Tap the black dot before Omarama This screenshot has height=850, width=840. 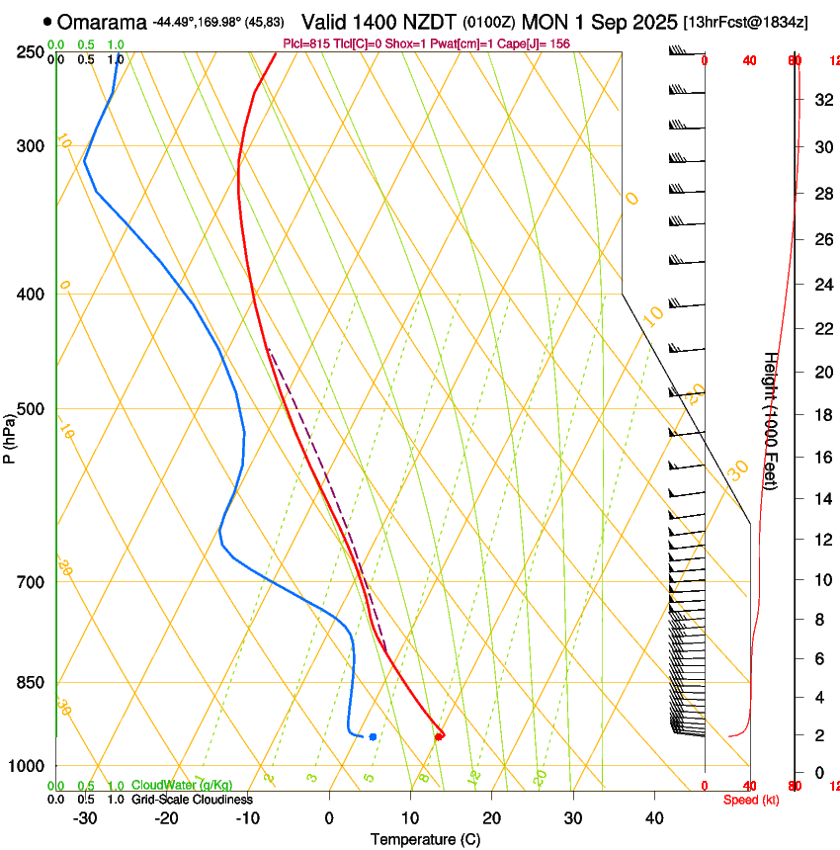[x=47, y=21]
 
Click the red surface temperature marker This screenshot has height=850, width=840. [x=439, y=735]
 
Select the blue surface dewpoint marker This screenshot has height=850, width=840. [x=373, y=736]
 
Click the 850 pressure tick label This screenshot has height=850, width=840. [x=31, y=683]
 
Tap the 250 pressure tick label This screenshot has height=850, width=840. [x=31, y=52]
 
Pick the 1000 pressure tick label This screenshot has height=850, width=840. [x=28, y=767]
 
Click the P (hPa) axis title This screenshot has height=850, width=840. [x=9, y=434]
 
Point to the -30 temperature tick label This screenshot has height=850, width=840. [x=85, y=818]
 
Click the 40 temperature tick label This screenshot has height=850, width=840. [x=654, y=818]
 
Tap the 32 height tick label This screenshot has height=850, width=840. [x=820, y=99]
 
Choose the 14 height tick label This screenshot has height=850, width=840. [x=820, y=499]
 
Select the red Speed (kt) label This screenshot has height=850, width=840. [x=750, y=800]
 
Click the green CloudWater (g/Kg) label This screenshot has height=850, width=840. [x=176, y=786]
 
